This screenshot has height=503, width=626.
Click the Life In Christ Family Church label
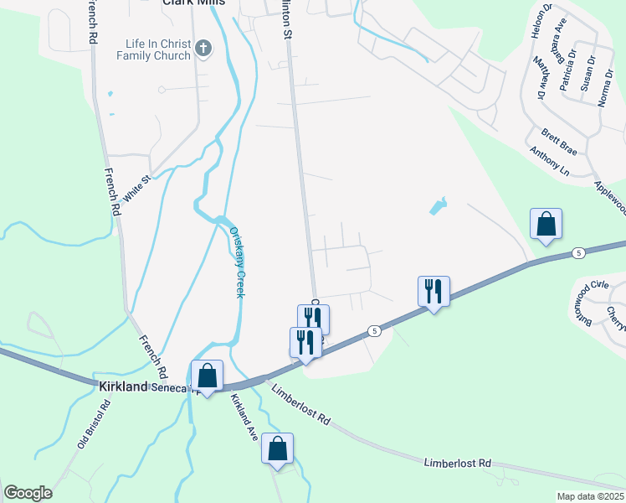click(158, 50)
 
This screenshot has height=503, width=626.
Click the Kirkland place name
click(123, 387)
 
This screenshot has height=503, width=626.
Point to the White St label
click(135, 187)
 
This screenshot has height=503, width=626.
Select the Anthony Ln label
click(549, 158)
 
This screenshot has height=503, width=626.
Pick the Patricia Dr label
click(569, 70)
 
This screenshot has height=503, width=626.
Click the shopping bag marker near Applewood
click(546, 225)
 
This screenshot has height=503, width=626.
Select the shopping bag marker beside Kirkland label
click(207, 375)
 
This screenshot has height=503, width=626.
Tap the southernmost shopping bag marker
click(277, 449)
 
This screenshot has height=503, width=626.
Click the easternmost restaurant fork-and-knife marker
click(434, 292)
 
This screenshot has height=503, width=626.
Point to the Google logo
click(28, 493)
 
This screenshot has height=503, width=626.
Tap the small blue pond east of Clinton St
click(438, 205)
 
